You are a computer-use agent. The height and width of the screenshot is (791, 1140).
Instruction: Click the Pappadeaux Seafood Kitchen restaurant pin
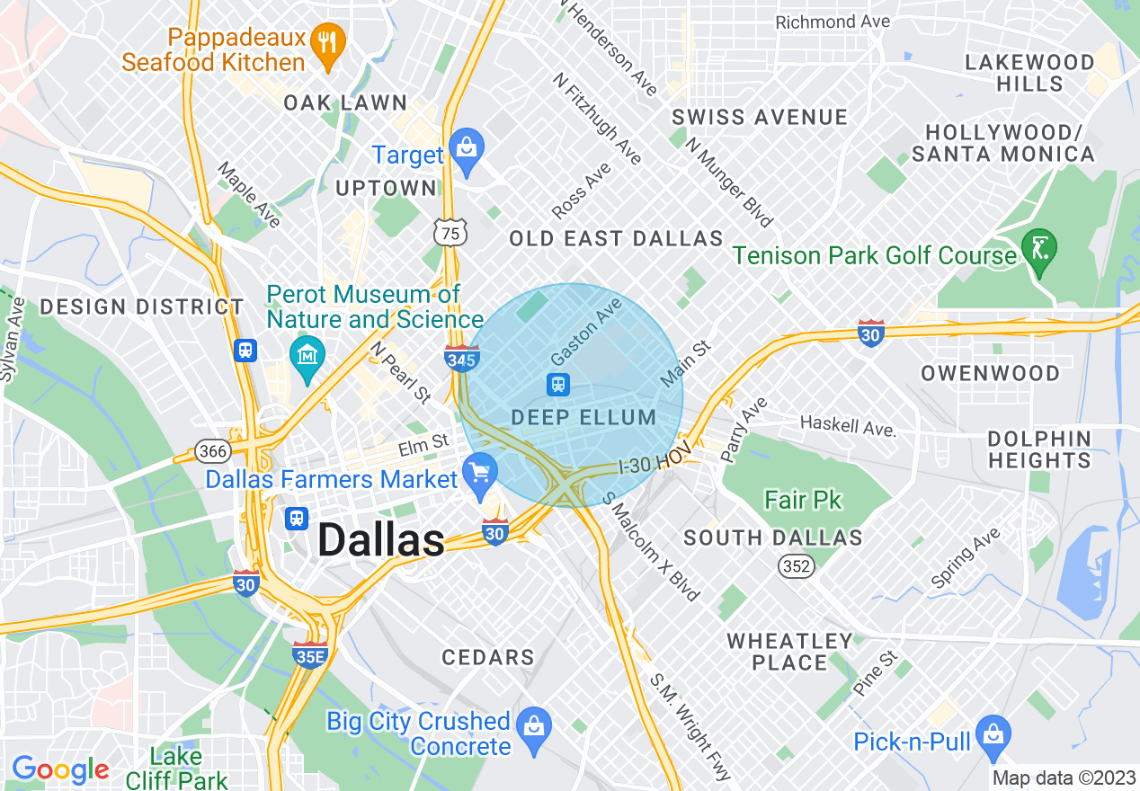click(x=327, y=42)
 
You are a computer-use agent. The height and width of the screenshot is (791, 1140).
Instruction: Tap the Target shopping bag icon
click(x=467, y=146)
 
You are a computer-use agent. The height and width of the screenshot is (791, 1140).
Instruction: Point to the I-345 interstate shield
click(x=461, y=359)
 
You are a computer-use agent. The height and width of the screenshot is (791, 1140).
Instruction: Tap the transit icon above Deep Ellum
click(x=558, y=385)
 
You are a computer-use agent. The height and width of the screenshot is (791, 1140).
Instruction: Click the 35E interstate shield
click(x=308, y=655)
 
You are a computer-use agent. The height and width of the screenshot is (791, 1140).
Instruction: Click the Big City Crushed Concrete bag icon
click(x=535, y=724)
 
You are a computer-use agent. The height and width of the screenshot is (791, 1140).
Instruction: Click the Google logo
click(x=60, y=769)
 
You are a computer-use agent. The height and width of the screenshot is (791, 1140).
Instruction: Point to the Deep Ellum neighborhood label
click(x=583, y=417)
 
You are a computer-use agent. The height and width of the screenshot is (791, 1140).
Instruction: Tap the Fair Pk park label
click(x=803, y=500)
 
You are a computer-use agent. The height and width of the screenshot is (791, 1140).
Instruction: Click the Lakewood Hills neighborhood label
click(x=1029, y=73)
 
